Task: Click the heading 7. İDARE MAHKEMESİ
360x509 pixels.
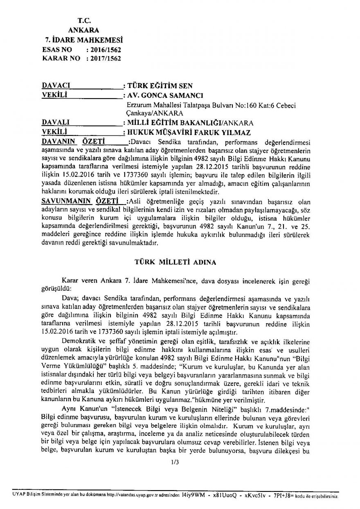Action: [x=83, y=40]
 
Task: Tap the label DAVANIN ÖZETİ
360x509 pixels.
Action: [x=72, y=142]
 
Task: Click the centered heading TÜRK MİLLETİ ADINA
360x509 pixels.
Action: [x=176, y=261]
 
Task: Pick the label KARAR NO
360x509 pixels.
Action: [x=61, y=59]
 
